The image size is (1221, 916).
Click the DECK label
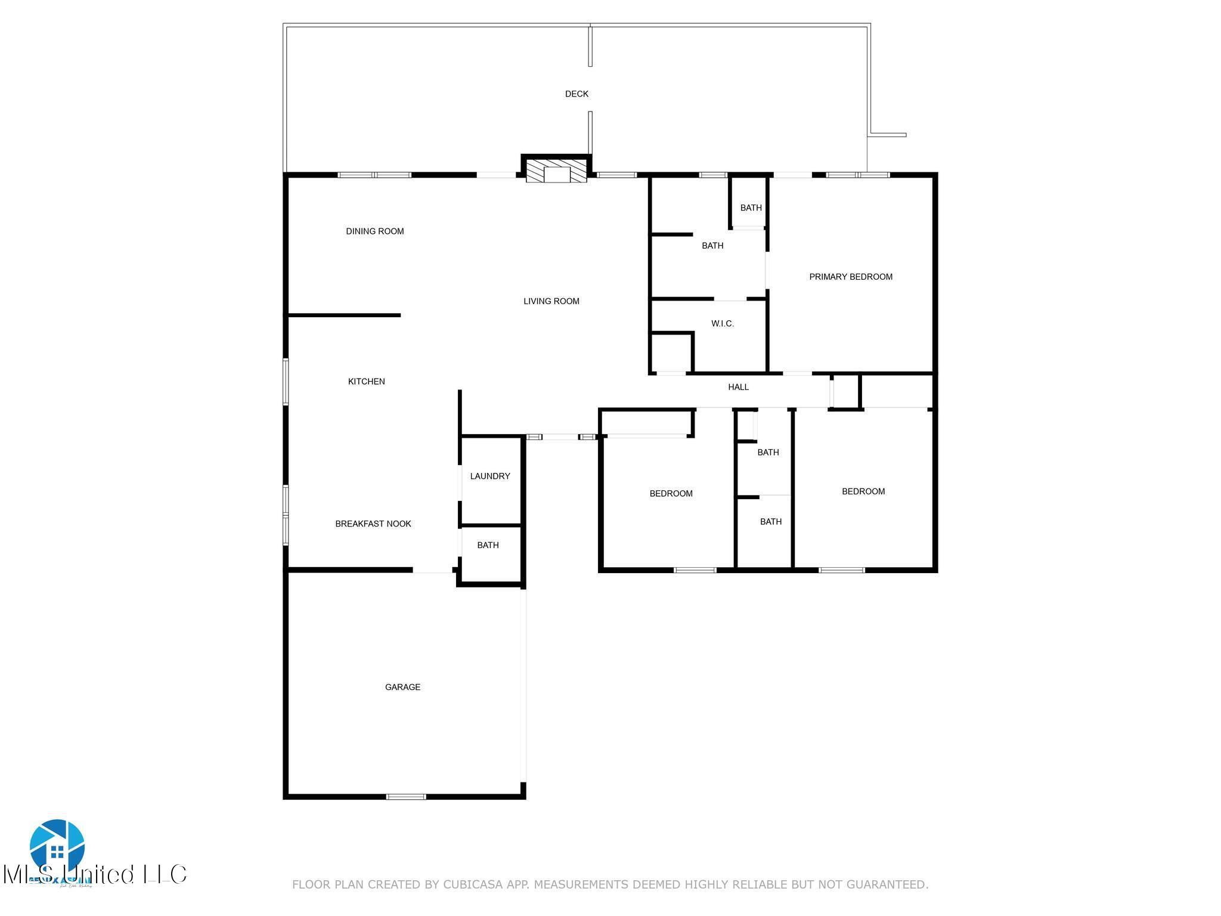pos(577,94)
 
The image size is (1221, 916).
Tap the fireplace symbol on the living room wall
pos(556,171)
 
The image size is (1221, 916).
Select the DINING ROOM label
pos(374,231)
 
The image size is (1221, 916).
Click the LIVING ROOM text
pos(551,301)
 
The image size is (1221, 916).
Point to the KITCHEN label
pos(366,382)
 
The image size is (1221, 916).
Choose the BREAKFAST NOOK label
pos(373,524)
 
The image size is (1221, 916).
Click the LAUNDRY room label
pos(489,476)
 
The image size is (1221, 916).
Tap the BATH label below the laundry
pos(488,545)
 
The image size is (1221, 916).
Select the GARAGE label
pos(402,687)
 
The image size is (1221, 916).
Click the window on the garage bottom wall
pos(406,796)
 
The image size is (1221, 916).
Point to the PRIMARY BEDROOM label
pos(850,277)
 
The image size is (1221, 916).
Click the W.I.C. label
pos(722,324)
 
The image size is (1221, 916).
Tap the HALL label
pos(738,387)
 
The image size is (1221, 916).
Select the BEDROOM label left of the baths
pos(671,493)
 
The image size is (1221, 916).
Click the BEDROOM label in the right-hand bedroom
pos(863,491)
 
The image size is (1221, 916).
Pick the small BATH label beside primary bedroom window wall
pos(751,208)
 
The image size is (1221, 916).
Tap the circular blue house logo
pos(57,845)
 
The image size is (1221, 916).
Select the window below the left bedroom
pos(695,570)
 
